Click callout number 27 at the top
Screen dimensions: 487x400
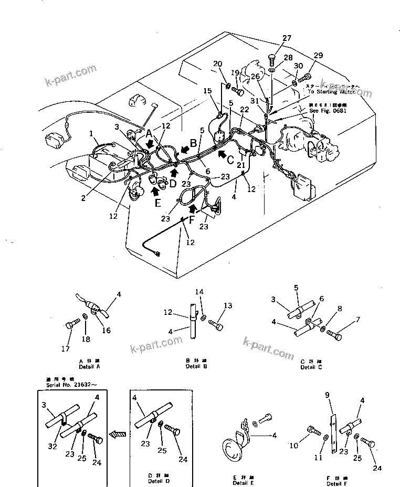point(286,38)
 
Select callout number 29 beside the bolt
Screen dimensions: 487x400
point(319,56)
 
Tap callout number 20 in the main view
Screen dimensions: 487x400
point(218,64)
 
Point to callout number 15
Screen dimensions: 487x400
point(208,90)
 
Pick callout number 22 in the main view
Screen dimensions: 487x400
point(244,109)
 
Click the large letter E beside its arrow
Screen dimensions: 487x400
point(156,203)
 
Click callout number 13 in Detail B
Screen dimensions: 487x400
point(227,306)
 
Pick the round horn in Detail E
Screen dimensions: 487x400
point(232,449)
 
